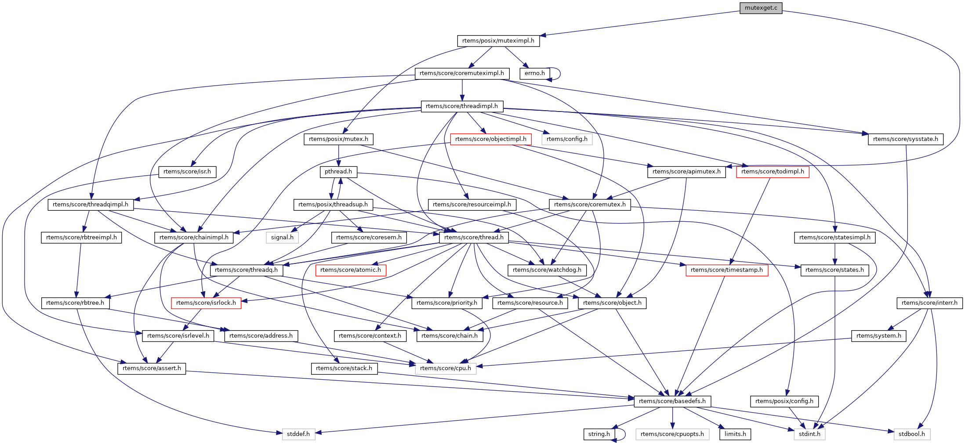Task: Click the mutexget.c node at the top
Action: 761,8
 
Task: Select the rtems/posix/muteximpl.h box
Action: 498,41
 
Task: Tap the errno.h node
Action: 534,73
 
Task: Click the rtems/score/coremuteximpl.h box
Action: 461,73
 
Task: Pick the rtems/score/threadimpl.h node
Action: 461,106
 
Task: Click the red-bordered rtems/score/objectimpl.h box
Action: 490,139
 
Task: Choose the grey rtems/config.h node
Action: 566,139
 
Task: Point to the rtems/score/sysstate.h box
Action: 905,139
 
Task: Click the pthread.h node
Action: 338,172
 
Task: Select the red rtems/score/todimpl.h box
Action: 772,172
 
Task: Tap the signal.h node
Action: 282,238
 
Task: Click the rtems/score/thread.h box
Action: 474,238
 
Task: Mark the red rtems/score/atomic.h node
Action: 350,270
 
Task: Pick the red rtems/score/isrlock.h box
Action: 206,303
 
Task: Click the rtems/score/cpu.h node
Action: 445,368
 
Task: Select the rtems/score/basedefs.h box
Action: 672,401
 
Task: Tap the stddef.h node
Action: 298,434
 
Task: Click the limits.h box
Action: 735,434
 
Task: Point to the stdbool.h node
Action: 911,434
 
